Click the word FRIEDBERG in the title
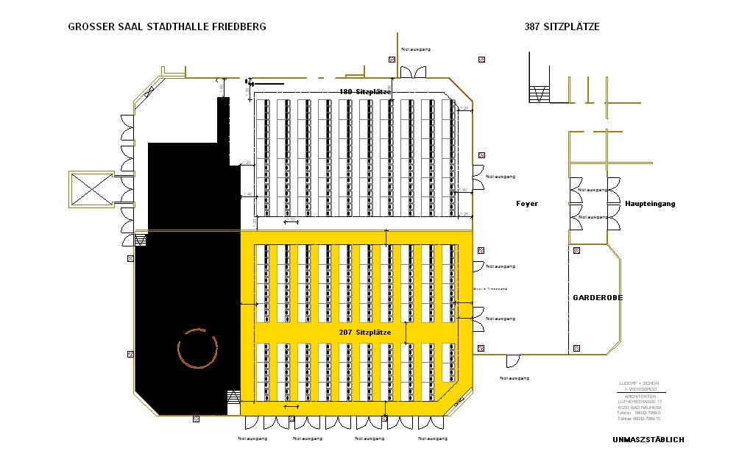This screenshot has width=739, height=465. [x=238, y=27]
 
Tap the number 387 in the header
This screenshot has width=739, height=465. [x=533, y=27]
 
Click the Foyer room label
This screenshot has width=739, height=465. [x=527, y=204]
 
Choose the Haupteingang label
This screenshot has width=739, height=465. [x=650, y=204]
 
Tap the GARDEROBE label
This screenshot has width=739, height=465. [x=598, y=297]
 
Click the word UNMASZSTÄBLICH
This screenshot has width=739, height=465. [x=648, y=440]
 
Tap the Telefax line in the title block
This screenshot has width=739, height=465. [x=639, y=419]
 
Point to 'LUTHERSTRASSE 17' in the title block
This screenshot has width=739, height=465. [x=640, y=402]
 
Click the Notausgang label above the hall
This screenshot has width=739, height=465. [x=416, y=49]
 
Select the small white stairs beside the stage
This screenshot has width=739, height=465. [x=234, y=397]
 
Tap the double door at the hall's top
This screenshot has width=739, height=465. [x=409, y=71]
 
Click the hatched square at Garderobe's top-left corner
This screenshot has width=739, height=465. [x=576, y=250]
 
